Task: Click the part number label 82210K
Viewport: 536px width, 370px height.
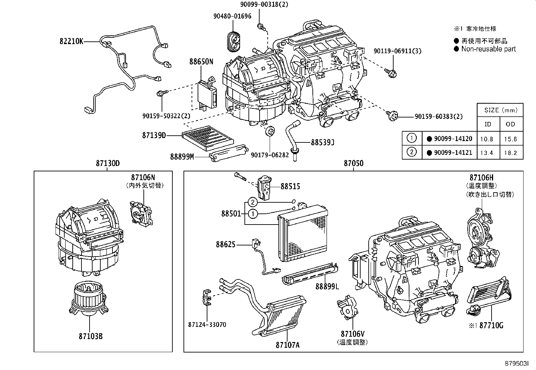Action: (x=71, y=42)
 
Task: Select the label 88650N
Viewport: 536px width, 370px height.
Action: (x=201, y=62)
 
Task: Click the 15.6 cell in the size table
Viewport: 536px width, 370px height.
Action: (x=510, y=139)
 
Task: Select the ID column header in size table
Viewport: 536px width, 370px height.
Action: (x=488, y=124)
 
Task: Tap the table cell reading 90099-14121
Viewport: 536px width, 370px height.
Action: (x=453, y=153)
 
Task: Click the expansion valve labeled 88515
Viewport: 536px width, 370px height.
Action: (x=265, y=188)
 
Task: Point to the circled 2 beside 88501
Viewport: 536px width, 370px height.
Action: (x=253, y=202)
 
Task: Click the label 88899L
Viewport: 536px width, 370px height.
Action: (x=327, y=287)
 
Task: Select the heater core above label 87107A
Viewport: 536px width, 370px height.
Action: (x=284, y=313)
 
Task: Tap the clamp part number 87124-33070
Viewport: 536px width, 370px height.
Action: (x=207, y=325)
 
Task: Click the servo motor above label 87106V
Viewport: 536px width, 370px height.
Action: (x=347, y=307)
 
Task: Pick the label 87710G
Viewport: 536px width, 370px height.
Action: (x=491, y=326)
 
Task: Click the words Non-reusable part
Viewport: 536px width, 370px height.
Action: (x=488, y=49)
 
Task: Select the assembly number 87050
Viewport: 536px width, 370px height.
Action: (x=354, y=164)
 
